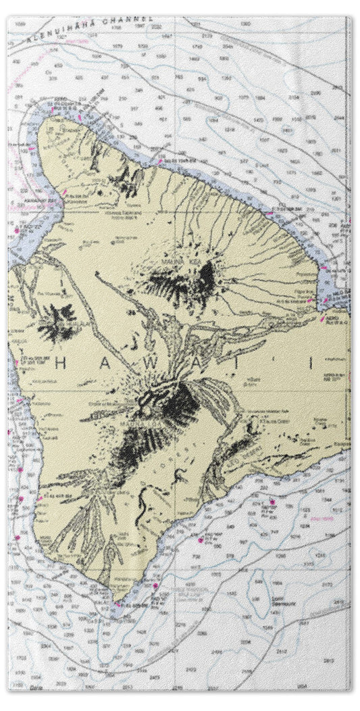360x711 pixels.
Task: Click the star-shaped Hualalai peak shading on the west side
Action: click(x=57, y=323)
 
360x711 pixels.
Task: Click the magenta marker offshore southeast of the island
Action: click(x=272, y=501)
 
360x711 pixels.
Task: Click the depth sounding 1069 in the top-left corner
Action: click(x=20, y=24)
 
